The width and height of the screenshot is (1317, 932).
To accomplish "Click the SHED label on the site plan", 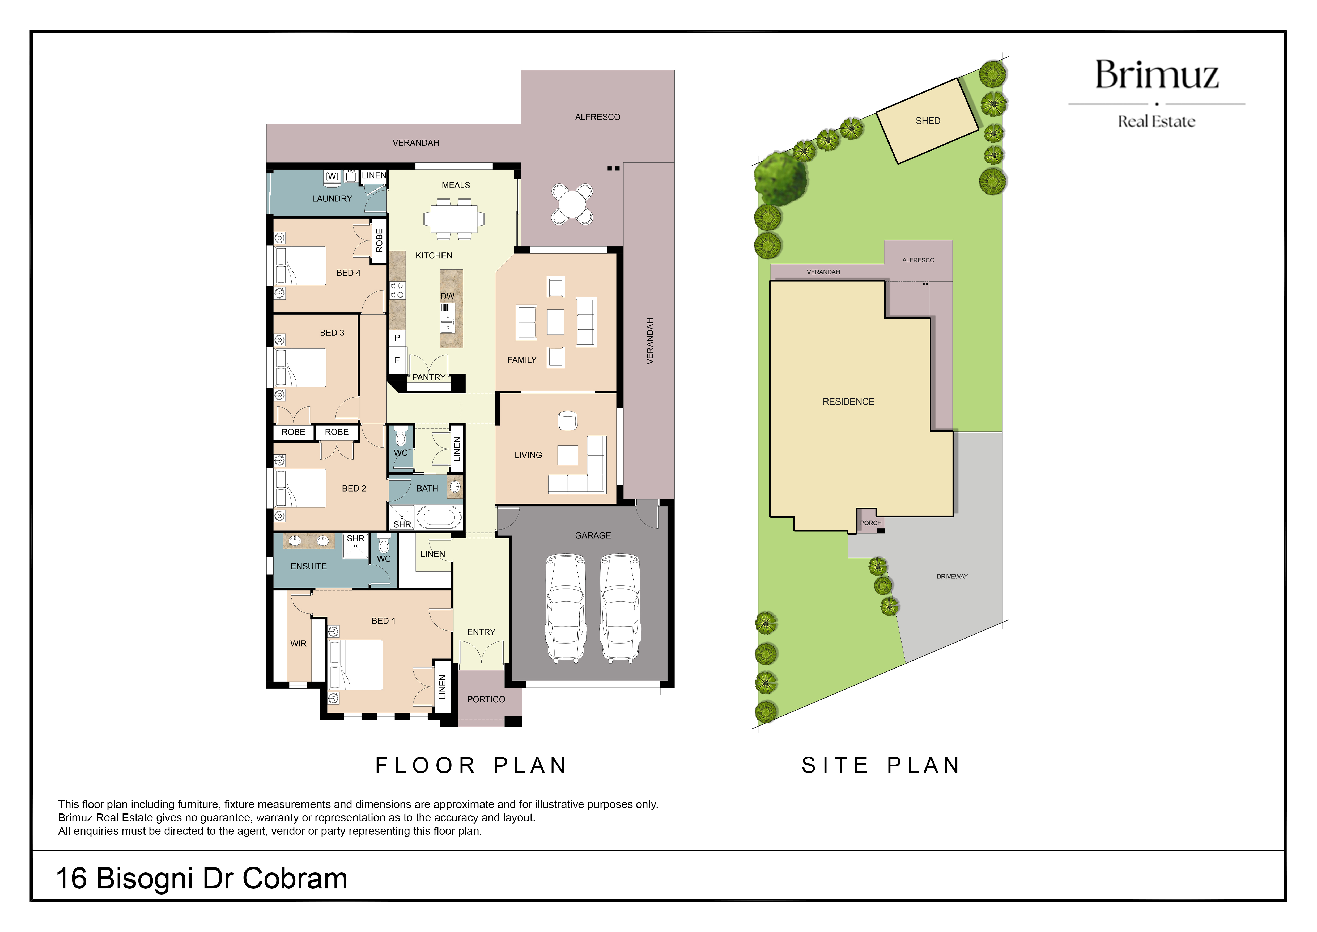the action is tap(928, 121).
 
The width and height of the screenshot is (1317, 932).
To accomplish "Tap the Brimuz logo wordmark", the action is tap(1156, 75).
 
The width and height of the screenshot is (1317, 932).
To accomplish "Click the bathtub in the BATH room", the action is tap(439, 517).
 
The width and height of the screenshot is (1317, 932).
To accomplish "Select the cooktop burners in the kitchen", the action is tap(397, 290).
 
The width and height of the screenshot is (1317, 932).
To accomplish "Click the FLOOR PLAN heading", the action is tap(471, 766).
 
